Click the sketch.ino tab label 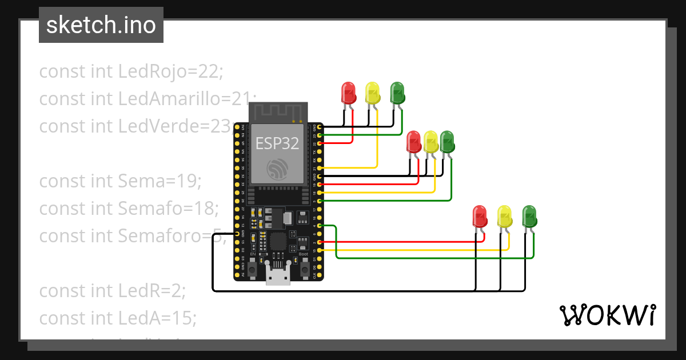tap(101, 26)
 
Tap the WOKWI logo tap(607, 315)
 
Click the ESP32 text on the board tap(277, 143)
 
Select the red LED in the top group tap(348, 93)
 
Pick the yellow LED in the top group tap(372, 93)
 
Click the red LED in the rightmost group tap(480, 217)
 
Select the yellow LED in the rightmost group tap(504, 217)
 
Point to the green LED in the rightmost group tap(529, 217)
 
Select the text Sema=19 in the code tap(159, 181)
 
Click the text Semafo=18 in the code tap(168, 209)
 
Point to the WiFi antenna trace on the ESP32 tap(279, 113)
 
